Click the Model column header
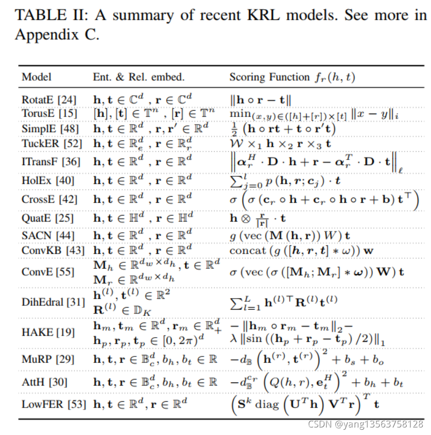(36, 77)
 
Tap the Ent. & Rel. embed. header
(139, 77)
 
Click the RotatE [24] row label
(49, 99)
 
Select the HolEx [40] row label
(48, 181)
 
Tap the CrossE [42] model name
(49, 199)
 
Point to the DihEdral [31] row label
(53, 302)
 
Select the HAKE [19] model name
(48, 332)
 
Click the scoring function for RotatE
(260, 99)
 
